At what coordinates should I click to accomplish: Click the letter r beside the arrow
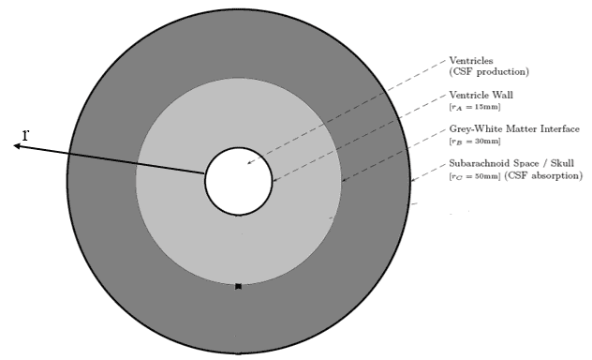[26, 135]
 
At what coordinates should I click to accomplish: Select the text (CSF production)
[489, 72]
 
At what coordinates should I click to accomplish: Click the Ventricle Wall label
[481, 96]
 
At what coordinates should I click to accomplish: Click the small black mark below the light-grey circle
[239, 286]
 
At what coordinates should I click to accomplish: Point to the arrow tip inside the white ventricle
[248, 164]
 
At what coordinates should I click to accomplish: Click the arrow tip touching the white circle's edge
[273, 180]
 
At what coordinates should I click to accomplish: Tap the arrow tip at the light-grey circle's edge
[343, 180]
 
